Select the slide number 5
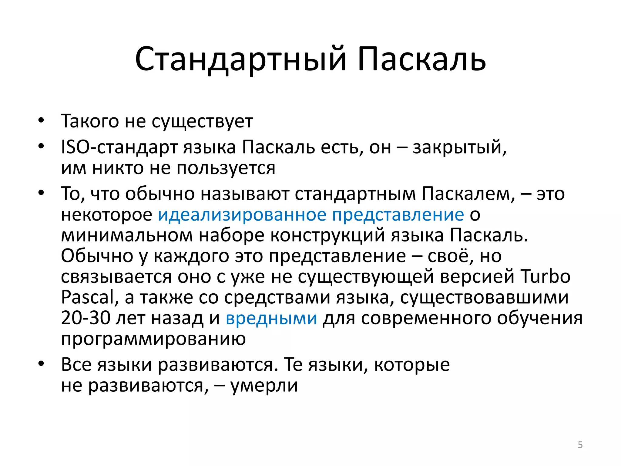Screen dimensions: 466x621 (x=580, y=445)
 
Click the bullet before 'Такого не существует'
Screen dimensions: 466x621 (x=41, y=120)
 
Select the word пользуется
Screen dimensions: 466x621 (x=226, y=168)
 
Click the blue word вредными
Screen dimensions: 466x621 (x=271, y=318)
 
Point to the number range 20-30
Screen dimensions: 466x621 (x=86, y=318)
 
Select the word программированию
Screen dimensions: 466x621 (x=153, y=339)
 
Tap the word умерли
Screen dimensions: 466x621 (x=264, y=385)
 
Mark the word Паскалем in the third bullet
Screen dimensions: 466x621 (x=468, y=194)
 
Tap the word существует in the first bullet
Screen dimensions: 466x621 (x=202, y=121)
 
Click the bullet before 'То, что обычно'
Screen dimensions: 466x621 (x=41, y=193)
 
